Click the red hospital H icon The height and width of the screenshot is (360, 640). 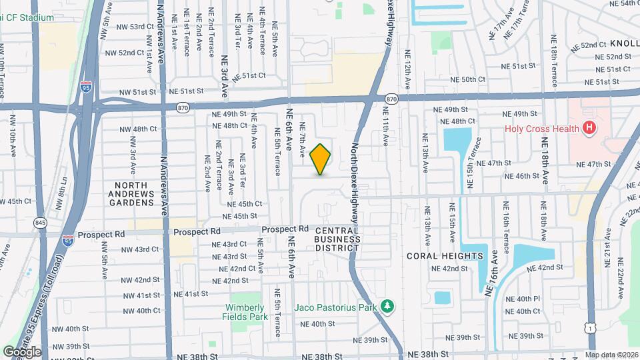pyautogui.click(x=589, y=128)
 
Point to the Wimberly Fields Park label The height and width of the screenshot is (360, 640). pyautogui.click(x=245, y=311)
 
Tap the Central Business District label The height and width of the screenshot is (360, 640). pyautogui.click(x=337, y=239)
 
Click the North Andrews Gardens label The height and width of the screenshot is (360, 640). pyautogui.click(x=136, y=193)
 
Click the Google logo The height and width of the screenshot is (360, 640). pyautogui.click(x=22, y=351)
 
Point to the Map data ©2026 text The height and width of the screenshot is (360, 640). pyautogui.click(x=611, y=355)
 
